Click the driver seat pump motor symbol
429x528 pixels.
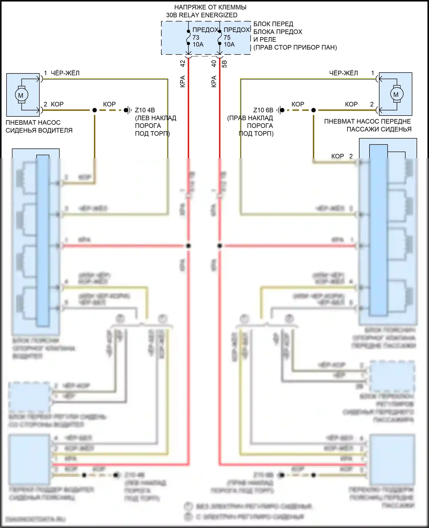pos(21,95)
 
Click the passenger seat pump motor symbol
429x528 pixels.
pos(396,94)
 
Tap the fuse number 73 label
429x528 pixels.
pos(196,37)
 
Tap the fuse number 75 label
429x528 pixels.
pos(227,37)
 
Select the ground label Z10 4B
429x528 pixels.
pos(145,110)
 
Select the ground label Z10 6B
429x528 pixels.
pos(263,110)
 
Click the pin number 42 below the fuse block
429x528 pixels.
pos(183,63)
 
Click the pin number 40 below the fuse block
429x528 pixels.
pos(214,63)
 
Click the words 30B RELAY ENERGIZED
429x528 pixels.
pos(202,15)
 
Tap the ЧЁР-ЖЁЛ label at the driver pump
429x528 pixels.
pos(65,73)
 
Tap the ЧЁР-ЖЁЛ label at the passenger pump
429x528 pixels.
pos(343,73)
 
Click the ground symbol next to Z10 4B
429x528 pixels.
pos(128,110)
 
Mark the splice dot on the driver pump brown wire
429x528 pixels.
pos(95,110)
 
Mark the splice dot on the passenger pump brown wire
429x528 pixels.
pos(313,110)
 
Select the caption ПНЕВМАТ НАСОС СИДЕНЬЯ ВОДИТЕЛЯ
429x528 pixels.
pos(39,126)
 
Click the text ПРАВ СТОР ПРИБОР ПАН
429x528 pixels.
pos(295,47)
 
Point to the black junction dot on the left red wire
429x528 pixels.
pos(188,246)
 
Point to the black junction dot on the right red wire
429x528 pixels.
pos(220,246)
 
